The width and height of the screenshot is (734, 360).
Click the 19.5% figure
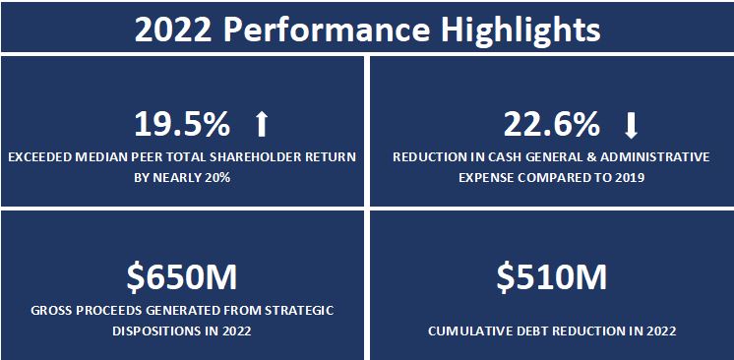182,125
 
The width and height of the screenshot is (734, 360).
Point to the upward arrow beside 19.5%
261,125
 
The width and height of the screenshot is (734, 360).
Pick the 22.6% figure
551,125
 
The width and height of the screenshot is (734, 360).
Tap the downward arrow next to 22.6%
631,125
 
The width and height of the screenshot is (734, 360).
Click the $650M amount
183,278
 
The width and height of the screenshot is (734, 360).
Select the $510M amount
550,278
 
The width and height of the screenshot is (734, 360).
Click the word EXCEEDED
40,156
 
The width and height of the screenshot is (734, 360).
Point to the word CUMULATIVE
462,331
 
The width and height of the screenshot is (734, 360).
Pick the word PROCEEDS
107,310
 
